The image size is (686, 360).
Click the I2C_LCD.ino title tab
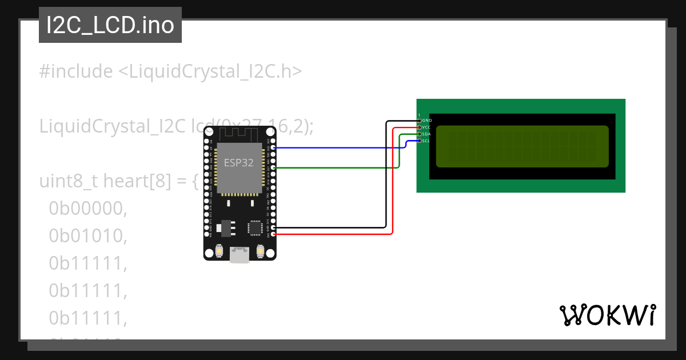(x=110, y=25)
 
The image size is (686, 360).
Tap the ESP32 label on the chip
(x=239, y=162)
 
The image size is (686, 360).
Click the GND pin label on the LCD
(x=427, y=121)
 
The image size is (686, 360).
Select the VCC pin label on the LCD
(x=426, y=127)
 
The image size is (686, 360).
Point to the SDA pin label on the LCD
(x=426, y=134)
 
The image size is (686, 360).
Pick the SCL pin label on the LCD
(x=426, y=141)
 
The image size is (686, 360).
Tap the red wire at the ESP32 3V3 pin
(x=332, y=234)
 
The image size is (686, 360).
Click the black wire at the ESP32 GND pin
(x=332, y=227)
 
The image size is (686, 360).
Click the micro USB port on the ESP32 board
(x=240, y=254)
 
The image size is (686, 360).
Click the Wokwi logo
(x=607, y=315)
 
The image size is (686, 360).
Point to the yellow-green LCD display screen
(x=522, y=146)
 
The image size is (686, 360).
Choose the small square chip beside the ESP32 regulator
(x=255, y=227)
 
